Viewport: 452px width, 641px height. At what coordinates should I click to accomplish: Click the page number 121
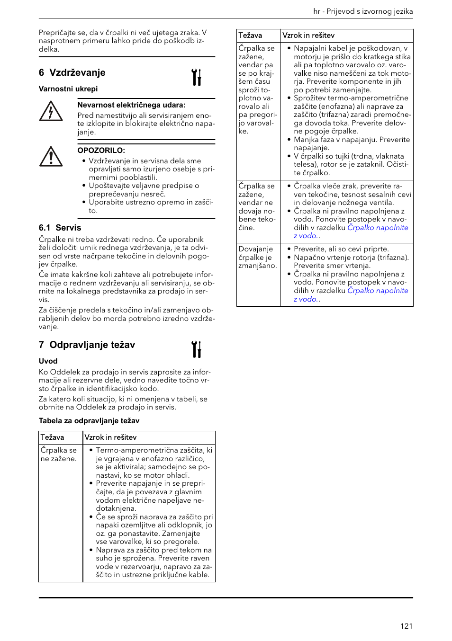click(x=406, y=626)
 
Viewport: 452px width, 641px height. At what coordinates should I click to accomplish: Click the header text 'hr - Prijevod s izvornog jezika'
click(x=363, y=11)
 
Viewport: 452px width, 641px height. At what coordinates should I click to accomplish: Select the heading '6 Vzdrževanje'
click(x=72, y=73)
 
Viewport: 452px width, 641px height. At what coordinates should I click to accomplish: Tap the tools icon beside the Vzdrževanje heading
click(x=197, y=77)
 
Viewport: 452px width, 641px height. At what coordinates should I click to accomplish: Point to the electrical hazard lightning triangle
click(x=51, y=112)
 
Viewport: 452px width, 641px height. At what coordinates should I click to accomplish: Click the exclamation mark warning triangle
click(x=51, y=157)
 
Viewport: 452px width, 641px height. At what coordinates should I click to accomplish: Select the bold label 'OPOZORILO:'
click(x=101, y=151)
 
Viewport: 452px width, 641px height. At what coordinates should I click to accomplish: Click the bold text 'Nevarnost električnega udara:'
click(x=131, y=105)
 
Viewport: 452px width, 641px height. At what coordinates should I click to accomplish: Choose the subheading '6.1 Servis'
click(x=60, y=228)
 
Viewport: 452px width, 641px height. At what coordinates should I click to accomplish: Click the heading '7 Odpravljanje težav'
click(x=87, y=345)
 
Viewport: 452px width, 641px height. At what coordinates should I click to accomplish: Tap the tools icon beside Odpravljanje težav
click(x=197, y=349)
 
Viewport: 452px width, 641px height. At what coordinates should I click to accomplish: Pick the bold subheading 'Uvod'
click(x=48, y=361)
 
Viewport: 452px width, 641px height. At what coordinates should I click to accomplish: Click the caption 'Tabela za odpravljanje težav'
click(x=89, y=421)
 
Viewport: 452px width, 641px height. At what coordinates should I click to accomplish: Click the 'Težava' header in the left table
click(x=52, y=437)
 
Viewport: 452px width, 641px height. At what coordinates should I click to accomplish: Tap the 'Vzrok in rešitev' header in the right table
click(x=308, y=36)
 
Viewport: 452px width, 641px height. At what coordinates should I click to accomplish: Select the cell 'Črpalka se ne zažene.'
click(x=58, y=454)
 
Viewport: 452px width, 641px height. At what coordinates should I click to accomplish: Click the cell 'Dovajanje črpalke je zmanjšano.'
click(x=257, y=258)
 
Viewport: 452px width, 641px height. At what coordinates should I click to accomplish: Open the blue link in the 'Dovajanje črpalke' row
click(x=377, y=291)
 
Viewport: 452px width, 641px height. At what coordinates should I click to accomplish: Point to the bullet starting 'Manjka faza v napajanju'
click(x=352, y=143)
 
